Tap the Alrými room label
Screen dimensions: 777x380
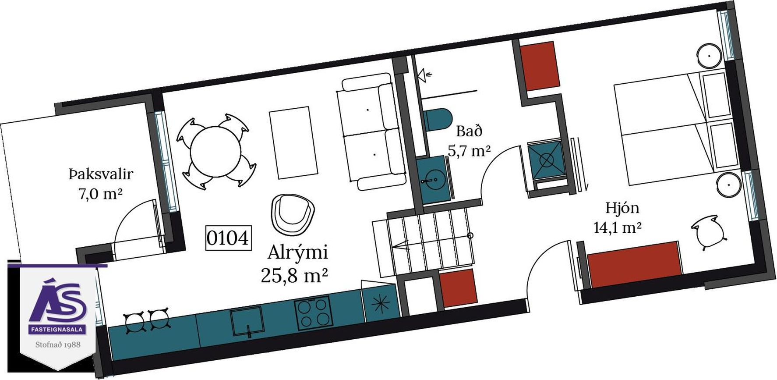click(x=297, y=253)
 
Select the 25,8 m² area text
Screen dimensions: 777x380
click(x=294, y=276)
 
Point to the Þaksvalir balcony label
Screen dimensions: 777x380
click(x=101, y=174)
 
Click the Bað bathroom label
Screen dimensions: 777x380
click(x=469, y=131)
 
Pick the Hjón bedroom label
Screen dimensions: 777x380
click(x=622, y=208)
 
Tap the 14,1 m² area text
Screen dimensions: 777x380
click(x=617, y=228)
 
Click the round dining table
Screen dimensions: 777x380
click(x=215, y=151)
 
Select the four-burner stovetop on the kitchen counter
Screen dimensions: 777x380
click(x=313, y=313)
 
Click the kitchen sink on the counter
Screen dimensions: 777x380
click(x=247, y=320)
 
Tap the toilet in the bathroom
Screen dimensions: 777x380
click(x=437, y=119)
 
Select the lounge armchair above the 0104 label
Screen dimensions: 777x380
click(x=291, y=213)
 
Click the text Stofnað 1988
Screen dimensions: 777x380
click(x=58, y=344)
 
